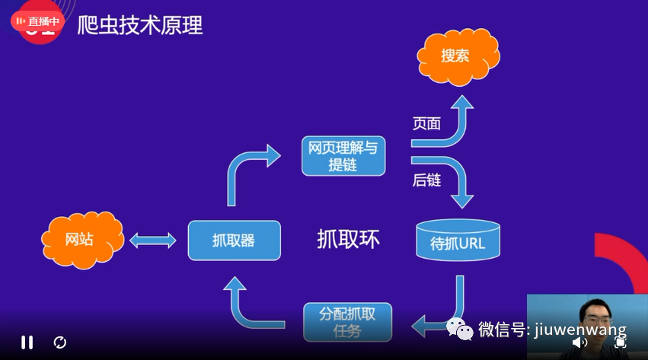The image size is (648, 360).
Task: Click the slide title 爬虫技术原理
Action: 140,25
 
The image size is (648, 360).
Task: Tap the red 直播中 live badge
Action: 35,21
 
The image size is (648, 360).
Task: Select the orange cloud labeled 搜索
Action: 456,56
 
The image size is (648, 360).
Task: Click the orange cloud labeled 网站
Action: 79,240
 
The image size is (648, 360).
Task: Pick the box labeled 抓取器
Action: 234,241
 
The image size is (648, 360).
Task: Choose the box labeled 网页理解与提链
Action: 343,156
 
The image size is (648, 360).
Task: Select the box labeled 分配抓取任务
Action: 347,322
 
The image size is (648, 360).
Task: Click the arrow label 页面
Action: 426,123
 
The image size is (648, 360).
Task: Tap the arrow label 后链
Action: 426,180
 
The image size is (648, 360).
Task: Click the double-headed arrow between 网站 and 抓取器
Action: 153,241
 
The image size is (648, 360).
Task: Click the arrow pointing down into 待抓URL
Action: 458,183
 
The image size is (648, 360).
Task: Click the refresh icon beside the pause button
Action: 60,342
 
